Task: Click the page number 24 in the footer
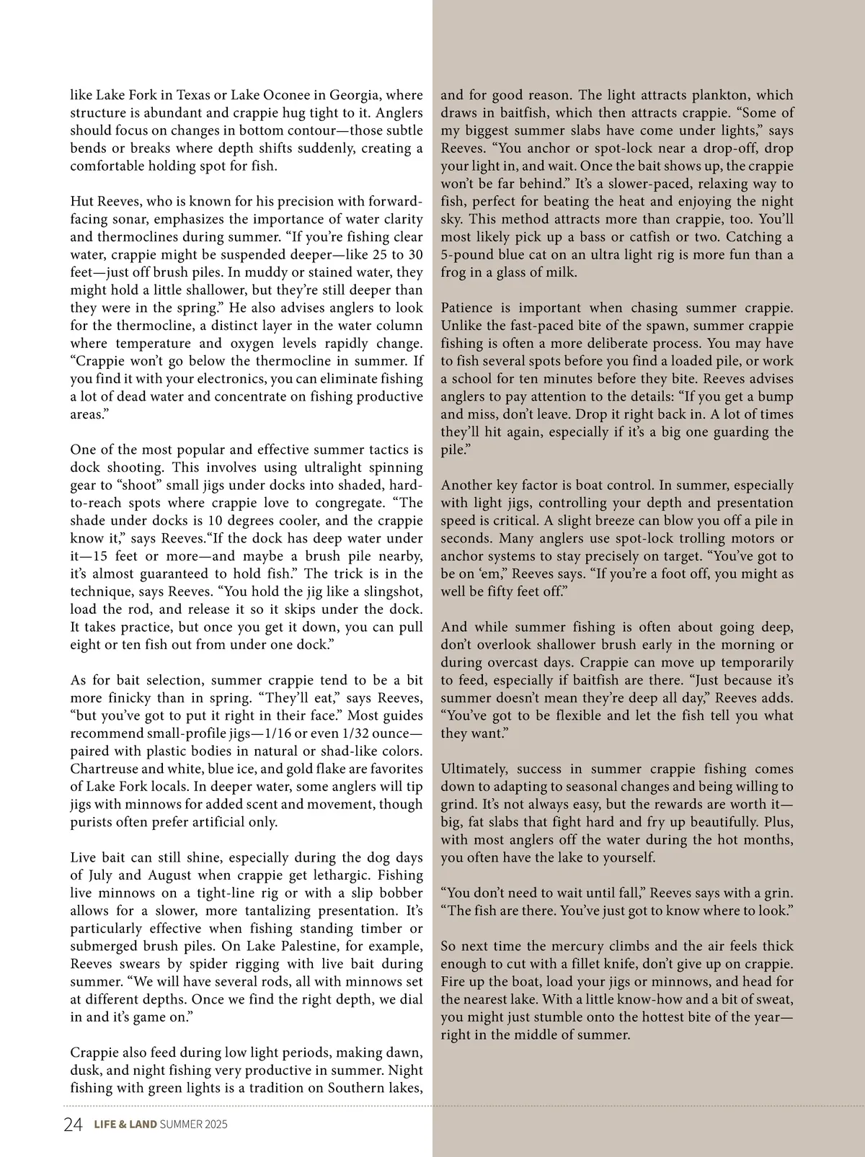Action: pos(74,1125)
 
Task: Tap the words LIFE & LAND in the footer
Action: pos(125,1125)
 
